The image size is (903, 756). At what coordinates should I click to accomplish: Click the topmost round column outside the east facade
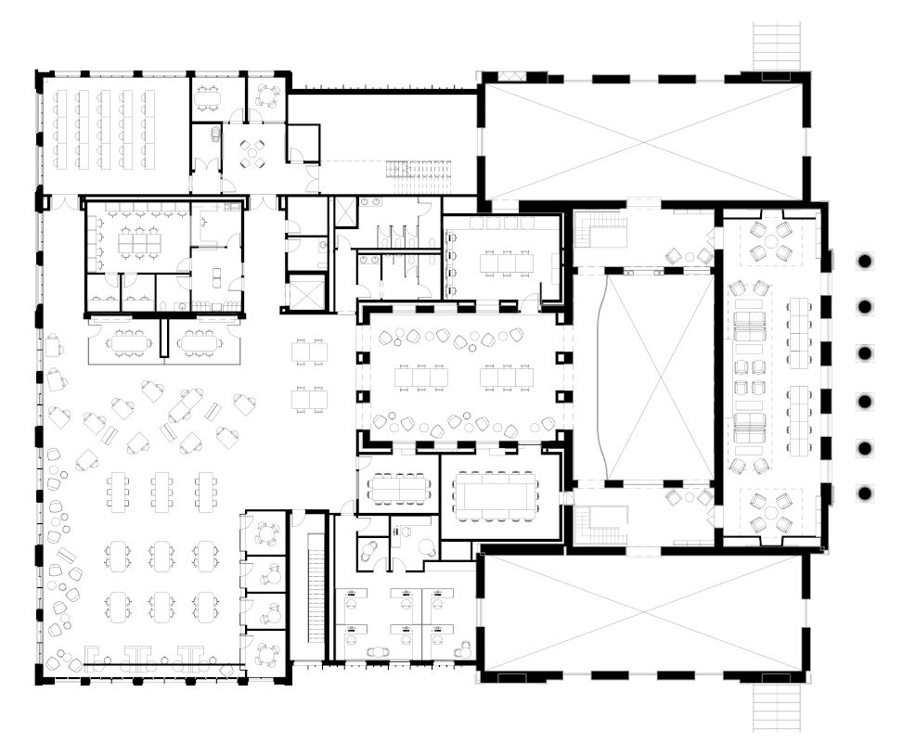point(864,261)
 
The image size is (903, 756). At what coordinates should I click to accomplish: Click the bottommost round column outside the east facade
point(864,493)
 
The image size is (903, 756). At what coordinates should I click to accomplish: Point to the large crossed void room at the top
point(640,139)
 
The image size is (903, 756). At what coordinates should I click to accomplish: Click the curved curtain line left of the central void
point(604,376)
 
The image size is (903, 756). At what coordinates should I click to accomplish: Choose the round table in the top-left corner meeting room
point(268,94)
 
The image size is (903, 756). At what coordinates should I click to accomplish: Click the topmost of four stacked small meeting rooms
point(266,533)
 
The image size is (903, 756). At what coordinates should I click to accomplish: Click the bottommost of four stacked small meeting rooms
point(266,654)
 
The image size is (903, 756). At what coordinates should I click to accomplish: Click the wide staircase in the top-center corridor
point(418,173)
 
